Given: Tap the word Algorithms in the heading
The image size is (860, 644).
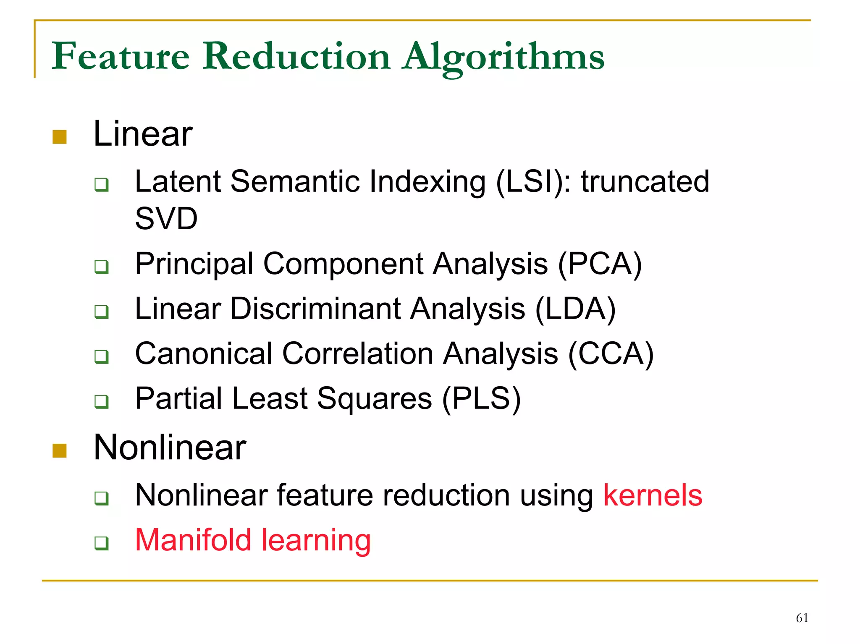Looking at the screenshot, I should click(x=503, y=56).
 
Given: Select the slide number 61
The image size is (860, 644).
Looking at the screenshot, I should click(x=802, y=618).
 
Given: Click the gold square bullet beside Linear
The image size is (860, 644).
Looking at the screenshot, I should click(x=60, y=137).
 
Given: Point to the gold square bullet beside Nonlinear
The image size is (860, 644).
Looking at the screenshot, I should click(x=60, y=450).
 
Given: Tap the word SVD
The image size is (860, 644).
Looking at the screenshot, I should click(x=166, y=219).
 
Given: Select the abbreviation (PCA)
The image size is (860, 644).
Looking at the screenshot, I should click(x=600, y=264).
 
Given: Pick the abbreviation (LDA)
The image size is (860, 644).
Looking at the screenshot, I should click(x=576, y=309).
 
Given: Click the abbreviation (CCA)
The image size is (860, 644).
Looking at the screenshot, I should click(x=611, y=353).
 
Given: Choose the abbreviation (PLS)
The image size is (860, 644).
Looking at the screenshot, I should click(x=482, y=398).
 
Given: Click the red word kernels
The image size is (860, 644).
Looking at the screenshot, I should click(x=653, y=495).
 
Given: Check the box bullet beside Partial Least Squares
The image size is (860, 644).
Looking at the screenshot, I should click(x=102, y=401).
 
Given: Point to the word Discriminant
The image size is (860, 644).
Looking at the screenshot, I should click(x=316, y=309).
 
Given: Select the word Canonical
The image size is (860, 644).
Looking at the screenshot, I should click(x=204, y=353).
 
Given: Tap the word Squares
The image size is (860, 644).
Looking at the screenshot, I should click(x=374, y=398).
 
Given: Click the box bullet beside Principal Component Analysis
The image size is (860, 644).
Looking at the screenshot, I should click(x=102, y=267).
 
